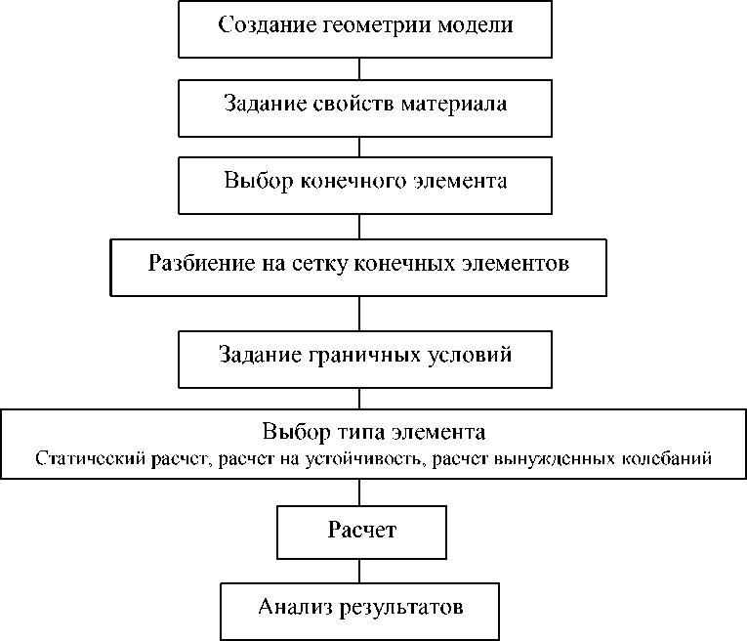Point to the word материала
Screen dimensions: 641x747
click(453, 104)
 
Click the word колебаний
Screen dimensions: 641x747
click(677, 457)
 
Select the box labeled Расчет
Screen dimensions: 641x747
click(361, 531)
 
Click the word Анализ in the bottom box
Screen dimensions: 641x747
click(294, 608)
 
